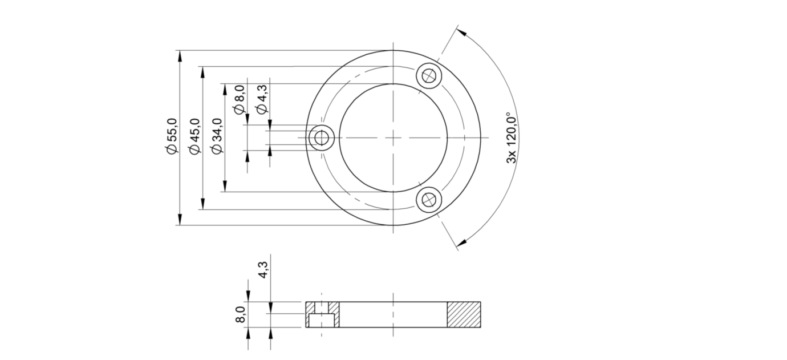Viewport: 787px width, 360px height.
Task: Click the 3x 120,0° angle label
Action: pyautogui.click(x=512, y=137)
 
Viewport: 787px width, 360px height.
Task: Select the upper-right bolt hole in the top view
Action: pyautogui.click(x=429, y=75)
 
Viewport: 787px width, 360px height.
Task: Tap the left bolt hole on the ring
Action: pyautogui.click(x=321, y=137)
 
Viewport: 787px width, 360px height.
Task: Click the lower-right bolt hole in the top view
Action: pyautogui.click(x=429, y=200)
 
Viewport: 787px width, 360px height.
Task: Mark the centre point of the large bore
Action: pyautogui.click(x=393, y=137)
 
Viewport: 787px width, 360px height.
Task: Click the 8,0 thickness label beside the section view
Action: pyautogui.click(x=240, y=314)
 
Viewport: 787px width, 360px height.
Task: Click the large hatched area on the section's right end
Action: pyautogui.click(x=464, y=314)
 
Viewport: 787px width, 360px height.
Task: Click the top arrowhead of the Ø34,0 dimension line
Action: pyautogui.click(x=225, y=89)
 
